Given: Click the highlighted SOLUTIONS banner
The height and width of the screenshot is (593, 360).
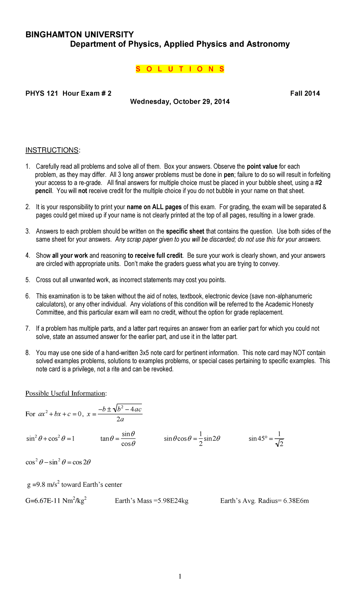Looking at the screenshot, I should pyautogui.click(x=180, y=69).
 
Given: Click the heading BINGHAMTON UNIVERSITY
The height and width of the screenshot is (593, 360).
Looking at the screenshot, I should pyautogui.click(x=79, y=35).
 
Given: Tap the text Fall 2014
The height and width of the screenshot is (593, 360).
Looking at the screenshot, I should pyautogui.click(x=305, y=93).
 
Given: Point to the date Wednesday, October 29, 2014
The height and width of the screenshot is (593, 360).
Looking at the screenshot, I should pyautogui.click(x=180, y=102).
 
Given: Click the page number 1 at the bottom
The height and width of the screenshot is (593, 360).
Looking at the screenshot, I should pyautogui.click(x=180, y=576).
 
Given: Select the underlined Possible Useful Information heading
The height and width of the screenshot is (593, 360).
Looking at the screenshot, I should pyautogui.click(x=65, y=393).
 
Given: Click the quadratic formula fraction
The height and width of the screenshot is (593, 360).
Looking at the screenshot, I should pyautogui.click(x=120, y=414).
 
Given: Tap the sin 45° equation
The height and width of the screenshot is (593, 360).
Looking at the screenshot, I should pyautogui.click(x=266, y=438).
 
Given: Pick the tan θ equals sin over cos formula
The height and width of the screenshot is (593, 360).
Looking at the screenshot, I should pyautogui.click(x=118, y=438).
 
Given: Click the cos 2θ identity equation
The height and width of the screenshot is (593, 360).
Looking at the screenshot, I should pyautogui.click(x=58, y=462).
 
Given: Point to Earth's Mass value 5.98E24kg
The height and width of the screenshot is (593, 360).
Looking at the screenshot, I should pyautogui.click(x=171, y=501).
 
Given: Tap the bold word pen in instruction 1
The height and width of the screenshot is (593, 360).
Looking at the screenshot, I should pyautogui.click(x=229, y=175).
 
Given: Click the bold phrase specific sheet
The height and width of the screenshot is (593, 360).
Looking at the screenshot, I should pyautogui.click(x=185, y=231).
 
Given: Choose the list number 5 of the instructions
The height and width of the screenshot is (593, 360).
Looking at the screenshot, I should pyautogui.click(x=28, y=280).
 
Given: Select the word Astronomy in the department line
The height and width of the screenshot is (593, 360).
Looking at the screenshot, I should pyautogui.click(x=268, y=44).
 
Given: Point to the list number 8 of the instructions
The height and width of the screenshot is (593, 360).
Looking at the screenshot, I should pyautogui.click(x=28, y=353).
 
